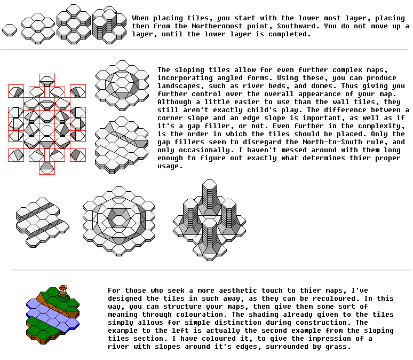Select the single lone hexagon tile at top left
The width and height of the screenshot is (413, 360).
[10, 30]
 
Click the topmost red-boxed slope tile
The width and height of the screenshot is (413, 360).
[47, 81]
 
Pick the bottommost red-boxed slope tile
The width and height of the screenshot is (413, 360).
[47, 168]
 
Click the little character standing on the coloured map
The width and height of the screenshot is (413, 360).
[63, 291]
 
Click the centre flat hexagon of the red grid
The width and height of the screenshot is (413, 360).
[47, 131]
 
